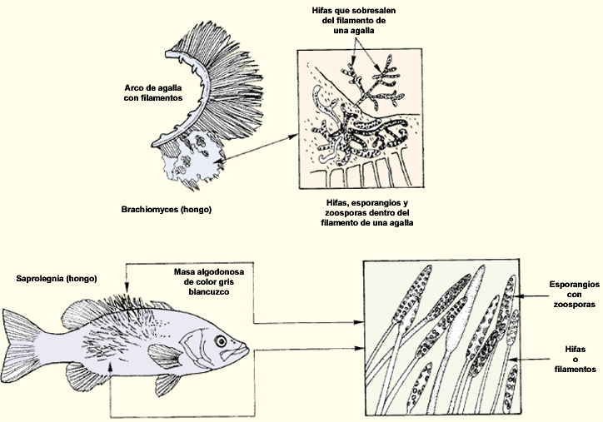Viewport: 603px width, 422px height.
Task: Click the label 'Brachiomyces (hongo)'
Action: click(166, 210)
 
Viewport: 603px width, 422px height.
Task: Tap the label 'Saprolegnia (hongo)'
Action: click(56, 278)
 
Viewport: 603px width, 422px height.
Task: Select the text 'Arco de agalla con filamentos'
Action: click(153, 93)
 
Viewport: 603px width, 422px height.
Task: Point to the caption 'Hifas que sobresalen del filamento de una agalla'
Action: click(354, 20)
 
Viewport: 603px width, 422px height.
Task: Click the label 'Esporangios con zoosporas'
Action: click(574, 295)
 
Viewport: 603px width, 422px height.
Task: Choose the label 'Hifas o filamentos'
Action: click(576, 359)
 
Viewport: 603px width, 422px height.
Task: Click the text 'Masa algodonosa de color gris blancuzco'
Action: click(209, 281)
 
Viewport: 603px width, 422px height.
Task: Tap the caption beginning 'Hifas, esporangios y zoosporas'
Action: click(366, 212)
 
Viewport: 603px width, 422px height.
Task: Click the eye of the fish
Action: click(221, 341)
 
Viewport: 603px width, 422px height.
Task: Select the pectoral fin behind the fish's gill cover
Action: click(165, 356)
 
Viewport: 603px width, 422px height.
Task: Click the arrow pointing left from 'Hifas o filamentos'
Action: click(529, 360)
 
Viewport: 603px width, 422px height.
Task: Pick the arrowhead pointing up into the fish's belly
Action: click(111, 367)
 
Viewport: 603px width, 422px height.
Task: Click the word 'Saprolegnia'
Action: click(39, 278)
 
